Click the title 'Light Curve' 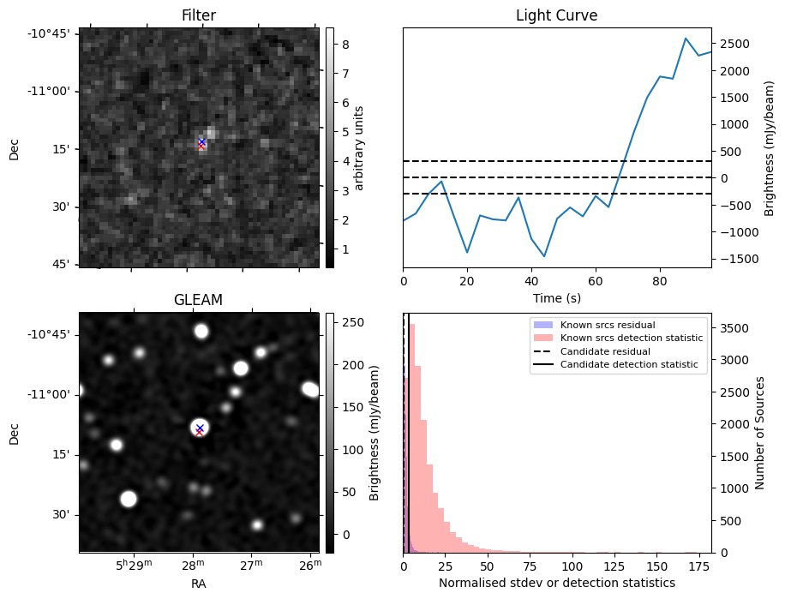556,15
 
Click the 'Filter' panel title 198,15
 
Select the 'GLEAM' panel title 198,300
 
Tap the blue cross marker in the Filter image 201,141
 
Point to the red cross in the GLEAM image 199,432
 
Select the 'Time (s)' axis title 556,297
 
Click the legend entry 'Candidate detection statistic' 628,365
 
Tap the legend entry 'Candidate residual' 605,351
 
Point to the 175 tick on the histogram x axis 699,566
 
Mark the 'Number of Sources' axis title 759,433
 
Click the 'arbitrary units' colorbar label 359,147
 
